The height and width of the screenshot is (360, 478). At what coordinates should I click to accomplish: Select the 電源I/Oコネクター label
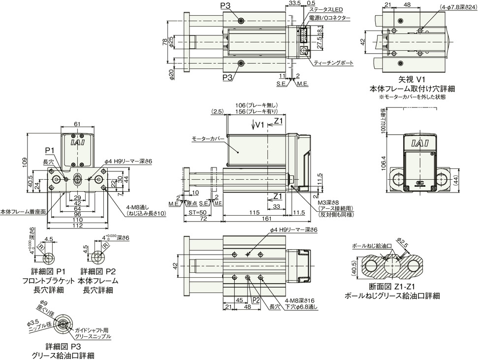coord(329,18)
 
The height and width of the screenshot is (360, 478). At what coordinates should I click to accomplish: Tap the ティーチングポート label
coord(333,63)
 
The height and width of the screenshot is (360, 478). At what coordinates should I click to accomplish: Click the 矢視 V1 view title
coord(412,80)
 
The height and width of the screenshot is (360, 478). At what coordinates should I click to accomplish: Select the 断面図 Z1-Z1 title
coord(392,288)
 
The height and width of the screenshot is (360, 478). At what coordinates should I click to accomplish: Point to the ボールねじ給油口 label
coord(372,246)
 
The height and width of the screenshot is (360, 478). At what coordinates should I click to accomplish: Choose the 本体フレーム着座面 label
coord(23,211)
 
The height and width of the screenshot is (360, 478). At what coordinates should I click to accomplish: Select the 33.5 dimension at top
coord(294,3)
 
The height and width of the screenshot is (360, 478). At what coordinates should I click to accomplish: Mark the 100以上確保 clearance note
coord(382,121)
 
